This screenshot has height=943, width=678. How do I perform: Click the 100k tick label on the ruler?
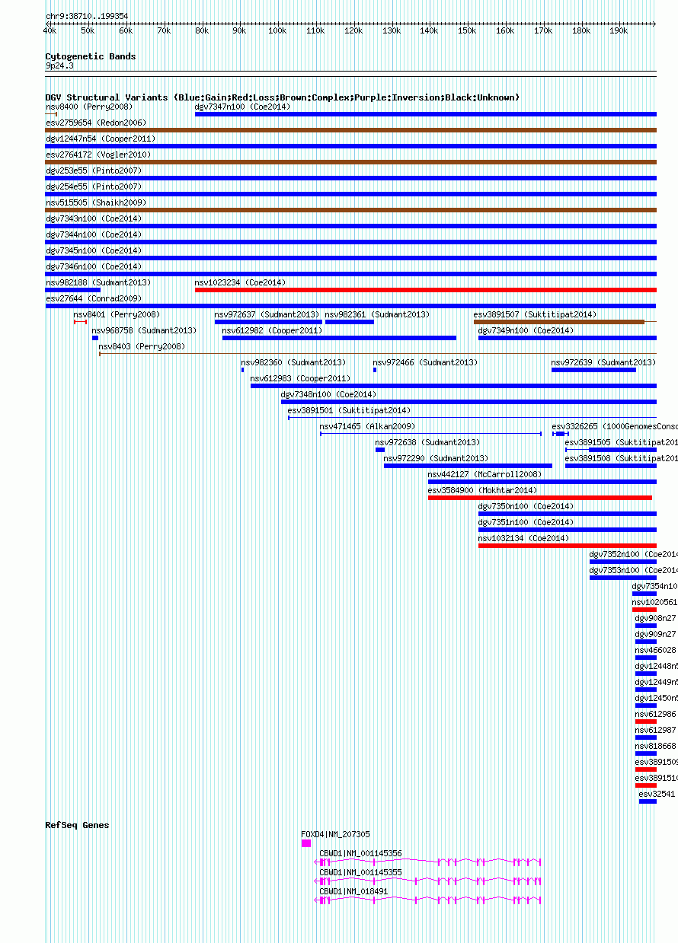click(277, 30)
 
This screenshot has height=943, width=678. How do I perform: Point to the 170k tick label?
click(542, 30)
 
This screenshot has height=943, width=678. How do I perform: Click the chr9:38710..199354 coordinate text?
click(87, 16)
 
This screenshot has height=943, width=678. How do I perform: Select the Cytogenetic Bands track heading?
click(90, 56)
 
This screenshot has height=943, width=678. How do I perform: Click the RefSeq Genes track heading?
click(77, 825)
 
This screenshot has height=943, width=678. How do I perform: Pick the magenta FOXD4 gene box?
click(306, 843)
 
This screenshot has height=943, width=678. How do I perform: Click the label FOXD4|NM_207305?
click(335, 834)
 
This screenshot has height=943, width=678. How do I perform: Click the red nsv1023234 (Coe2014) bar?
click(425, 290)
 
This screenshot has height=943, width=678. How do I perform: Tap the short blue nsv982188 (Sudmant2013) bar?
click(72, 290)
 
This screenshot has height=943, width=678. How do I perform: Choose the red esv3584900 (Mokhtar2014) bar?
click(539, 498)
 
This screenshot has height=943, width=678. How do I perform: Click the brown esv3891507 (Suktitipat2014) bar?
click(558, 322)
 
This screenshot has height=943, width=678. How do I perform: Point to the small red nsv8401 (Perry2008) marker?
click(80, 322)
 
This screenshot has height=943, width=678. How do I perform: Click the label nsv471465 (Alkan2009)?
click(367, 426)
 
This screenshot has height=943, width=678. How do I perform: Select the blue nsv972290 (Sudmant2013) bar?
click(468, 466)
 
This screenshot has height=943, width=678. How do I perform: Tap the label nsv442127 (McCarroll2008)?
click(485, 474)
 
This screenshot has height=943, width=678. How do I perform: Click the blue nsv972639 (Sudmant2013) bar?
click(593, 370)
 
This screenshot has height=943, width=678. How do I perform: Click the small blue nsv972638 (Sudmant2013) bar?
click(380, 450)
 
